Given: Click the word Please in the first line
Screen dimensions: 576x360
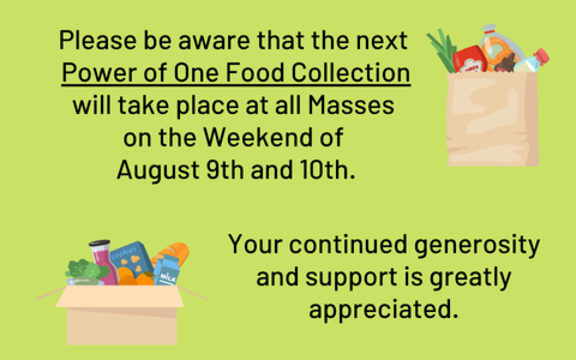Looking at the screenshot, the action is [x=98, y=41].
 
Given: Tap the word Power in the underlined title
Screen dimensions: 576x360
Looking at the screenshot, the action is [x=99, y=73].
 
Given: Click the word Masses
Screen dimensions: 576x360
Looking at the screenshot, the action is [x=351, y=105].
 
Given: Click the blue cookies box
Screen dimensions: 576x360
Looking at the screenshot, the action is [x=132, y=260].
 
